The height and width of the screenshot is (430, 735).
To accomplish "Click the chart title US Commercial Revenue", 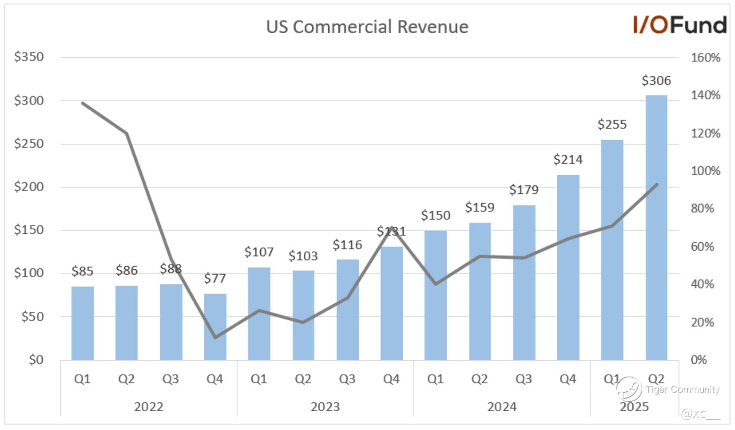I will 367,27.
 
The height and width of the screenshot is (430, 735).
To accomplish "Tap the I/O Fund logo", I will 679,25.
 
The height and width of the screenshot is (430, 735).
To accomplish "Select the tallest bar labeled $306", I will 656,228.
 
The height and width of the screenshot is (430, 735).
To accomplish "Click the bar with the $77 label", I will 215,326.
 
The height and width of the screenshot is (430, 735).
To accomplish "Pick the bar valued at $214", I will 568,267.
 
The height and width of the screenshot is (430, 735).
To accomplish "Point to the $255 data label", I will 612,125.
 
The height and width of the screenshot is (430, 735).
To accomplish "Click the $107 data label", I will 259,252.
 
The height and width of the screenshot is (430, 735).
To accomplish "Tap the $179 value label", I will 524,190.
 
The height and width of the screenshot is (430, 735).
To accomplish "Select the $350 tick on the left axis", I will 29,57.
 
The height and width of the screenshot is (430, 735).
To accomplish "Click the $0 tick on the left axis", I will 36,360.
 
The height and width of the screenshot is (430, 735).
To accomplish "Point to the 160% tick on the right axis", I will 705,58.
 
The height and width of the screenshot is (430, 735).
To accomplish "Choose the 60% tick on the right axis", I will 702,246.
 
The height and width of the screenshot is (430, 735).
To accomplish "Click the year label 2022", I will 149,407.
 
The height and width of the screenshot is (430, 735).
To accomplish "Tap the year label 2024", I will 502,407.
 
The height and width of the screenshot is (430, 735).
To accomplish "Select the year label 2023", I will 325,407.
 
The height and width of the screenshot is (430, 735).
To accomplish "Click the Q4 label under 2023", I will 391,379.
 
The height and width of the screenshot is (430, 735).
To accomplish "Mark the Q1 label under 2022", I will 82,379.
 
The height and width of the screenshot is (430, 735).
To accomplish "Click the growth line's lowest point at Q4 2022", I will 215,337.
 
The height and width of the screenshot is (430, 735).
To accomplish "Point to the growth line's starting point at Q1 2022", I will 82,103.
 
